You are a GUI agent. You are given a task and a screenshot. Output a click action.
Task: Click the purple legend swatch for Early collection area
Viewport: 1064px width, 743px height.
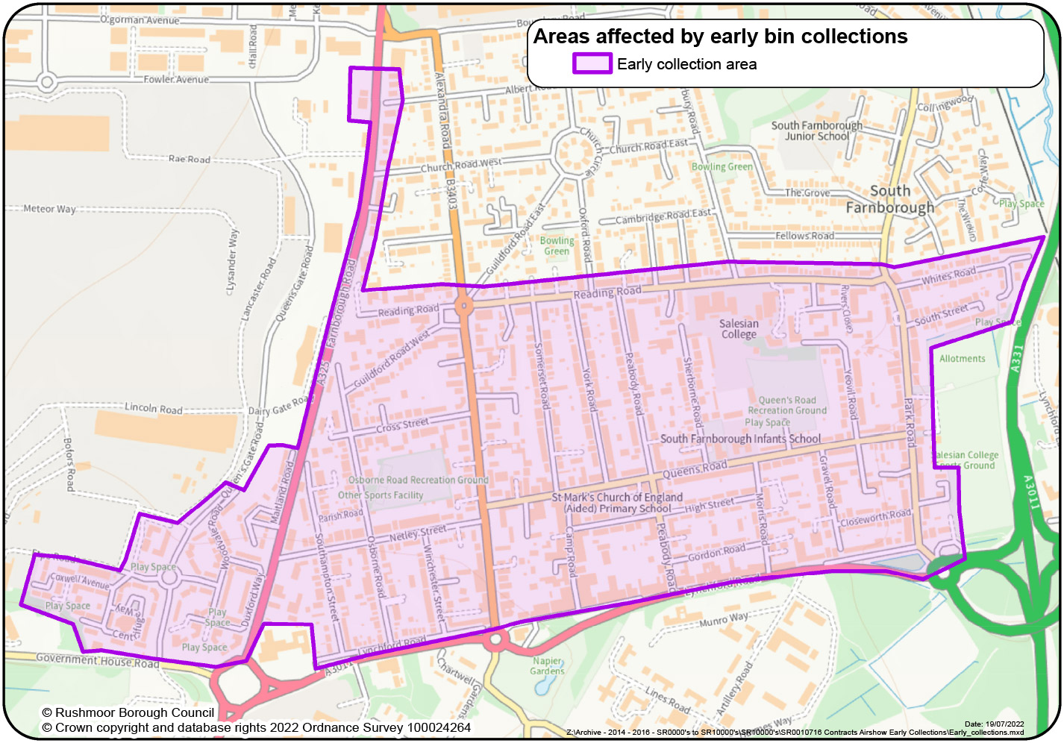592,64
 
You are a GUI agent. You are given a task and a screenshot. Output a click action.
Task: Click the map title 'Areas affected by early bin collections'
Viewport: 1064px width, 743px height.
720,37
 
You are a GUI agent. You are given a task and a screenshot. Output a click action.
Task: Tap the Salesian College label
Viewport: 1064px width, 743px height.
739,329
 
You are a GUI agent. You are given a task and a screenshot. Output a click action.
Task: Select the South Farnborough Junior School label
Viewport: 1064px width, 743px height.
816,131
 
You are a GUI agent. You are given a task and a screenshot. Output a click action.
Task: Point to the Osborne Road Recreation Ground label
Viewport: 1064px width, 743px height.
418,480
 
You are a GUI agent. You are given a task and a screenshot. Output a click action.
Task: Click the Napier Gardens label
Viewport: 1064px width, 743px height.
548,666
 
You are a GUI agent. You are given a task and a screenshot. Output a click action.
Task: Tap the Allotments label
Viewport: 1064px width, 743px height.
962,359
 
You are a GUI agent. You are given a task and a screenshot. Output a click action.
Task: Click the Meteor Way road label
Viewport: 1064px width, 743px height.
49,209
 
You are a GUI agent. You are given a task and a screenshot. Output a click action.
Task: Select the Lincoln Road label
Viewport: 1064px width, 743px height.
153,408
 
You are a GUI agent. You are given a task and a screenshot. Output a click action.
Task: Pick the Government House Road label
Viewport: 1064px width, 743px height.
97,660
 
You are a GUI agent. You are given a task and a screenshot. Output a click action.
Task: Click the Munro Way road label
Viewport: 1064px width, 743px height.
723,619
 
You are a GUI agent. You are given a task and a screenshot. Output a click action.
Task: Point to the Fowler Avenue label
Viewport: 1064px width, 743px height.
176,79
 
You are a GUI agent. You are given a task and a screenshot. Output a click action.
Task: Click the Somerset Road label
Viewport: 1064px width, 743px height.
542,376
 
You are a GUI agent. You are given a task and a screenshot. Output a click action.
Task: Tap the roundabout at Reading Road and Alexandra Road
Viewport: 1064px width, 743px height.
463,305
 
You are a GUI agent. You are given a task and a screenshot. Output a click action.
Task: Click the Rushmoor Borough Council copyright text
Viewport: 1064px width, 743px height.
128,712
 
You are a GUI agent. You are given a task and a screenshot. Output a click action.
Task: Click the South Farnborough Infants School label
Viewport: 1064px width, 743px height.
740,439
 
